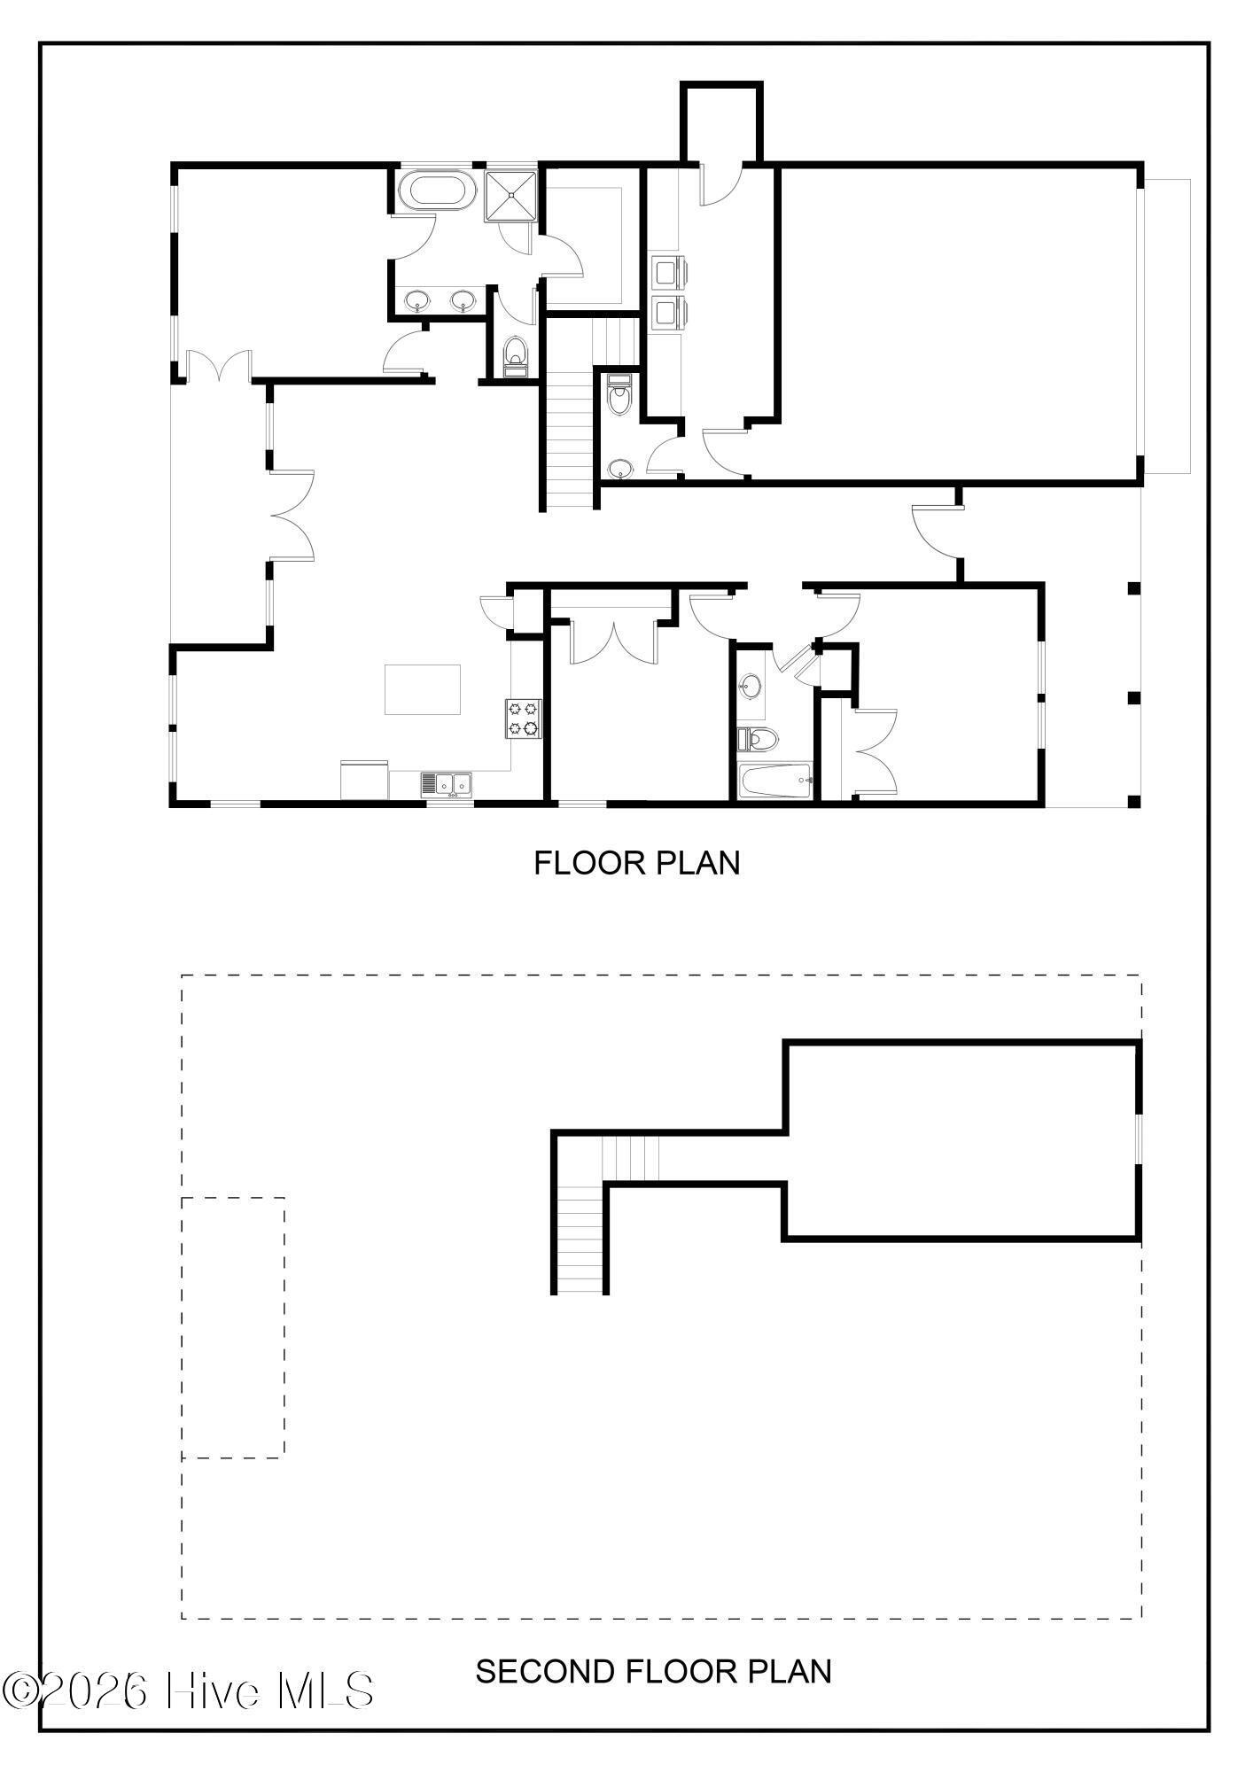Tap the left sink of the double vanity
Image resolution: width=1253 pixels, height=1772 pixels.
coord(416,301)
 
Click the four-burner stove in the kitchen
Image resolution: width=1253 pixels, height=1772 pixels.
coord(524,719)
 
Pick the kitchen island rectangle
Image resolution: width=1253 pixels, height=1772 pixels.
coord(422,689)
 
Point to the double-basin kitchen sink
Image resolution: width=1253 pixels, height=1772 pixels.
coord(447,783)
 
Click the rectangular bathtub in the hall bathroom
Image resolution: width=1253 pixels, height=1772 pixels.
coord(775,781)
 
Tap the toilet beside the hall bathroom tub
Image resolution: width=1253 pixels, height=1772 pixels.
coord(758,737)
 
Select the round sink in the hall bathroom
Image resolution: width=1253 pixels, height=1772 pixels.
coord(751,685)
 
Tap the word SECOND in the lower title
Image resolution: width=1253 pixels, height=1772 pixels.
coord(544,1671)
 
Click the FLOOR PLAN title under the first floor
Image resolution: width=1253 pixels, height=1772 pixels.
coord(636,862)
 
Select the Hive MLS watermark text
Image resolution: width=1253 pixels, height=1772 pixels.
coord(189,1690)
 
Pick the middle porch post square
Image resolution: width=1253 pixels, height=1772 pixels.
coord(1133,697)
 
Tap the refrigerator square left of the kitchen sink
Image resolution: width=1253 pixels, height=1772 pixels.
coord(364,780)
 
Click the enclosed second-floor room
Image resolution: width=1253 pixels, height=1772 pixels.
coord(961,1140)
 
